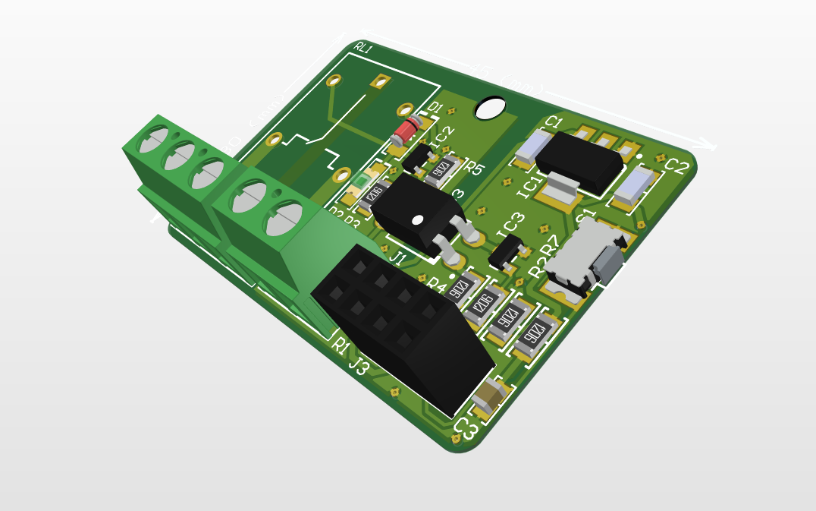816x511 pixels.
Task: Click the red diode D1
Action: pyautogui.click(x=406, y=131)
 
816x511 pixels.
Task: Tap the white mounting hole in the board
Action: pyautogui.click(x=490, y=108)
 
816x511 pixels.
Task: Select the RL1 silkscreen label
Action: pyautogui.click(x=364, y=49)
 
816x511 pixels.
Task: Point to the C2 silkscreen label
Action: pyautogui.click(x=676, y=166)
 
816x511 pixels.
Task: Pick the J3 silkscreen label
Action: pyautogui.click(x=359, y=367)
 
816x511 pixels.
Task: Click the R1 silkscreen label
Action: pyautogui.click(x=341, y=345)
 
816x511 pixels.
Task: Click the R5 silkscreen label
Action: pyautogui.click(x=474, y=169)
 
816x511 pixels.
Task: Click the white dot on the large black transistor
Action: pyautogui.click(x=417, y=220)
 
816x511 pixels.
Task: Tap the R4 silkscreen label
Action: pyautogui.click(x=438, y=285)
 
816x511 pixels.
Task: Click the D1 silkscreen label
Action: pyautogui.click(x=435, y=108)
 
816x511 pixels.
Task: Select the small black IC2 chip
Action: pyautogui.click(x=416, y=157)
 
